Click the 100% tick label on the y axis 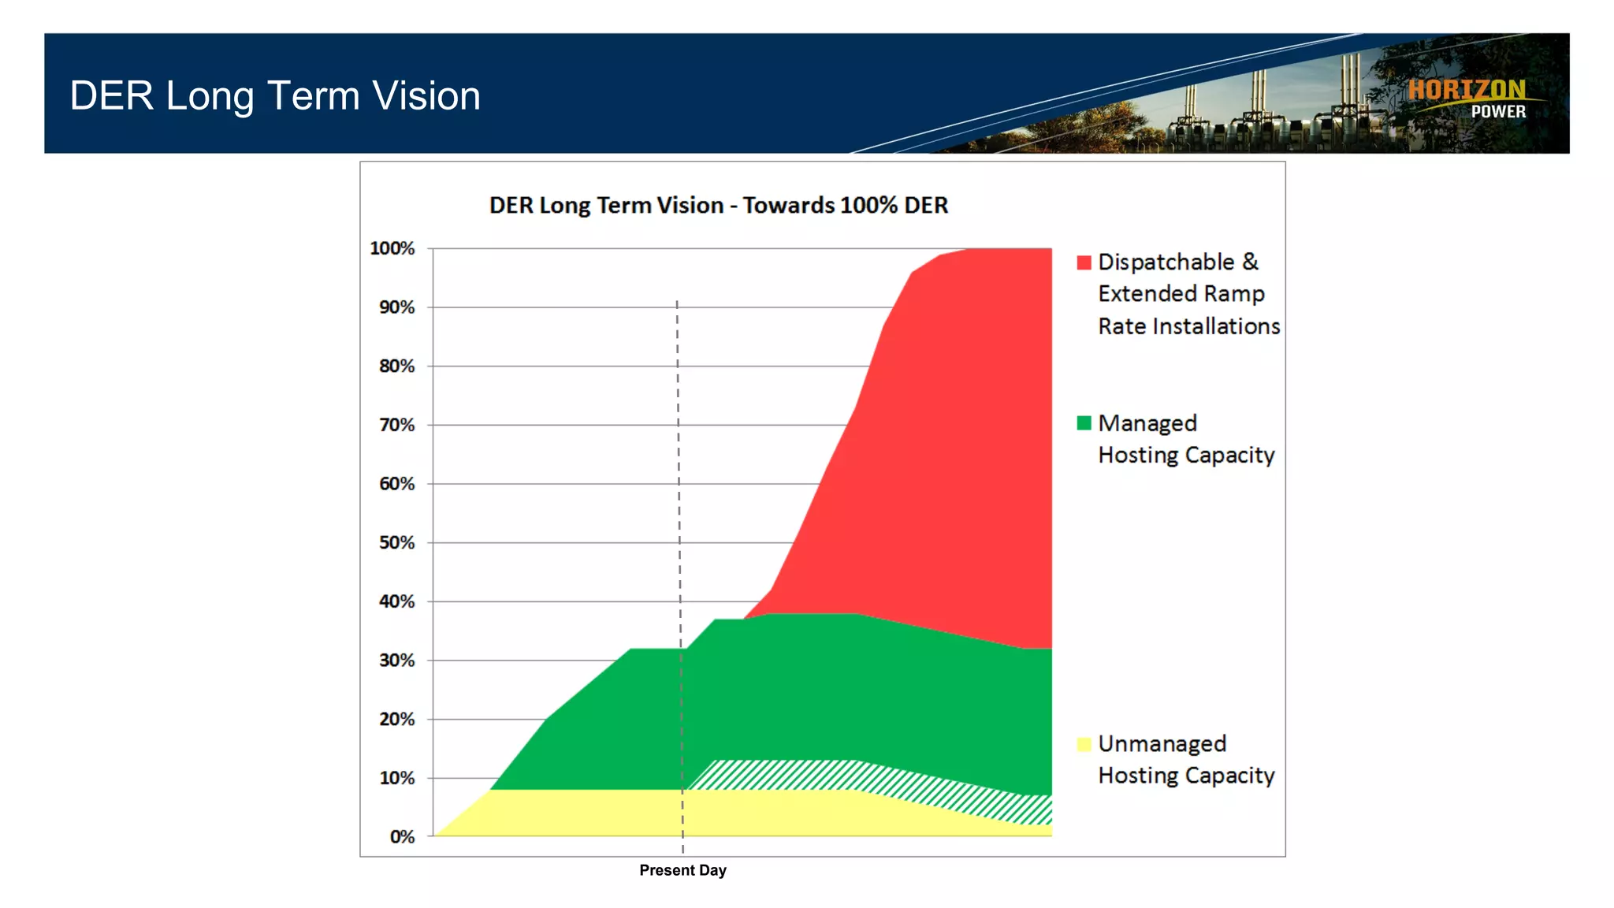392,248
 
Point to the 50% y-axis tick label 396,542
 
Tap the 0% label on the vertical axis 402,836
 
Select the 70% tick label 396,425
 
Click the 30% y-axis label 396,660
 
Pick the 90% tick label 396,307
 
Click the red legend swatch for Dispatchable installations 1084,262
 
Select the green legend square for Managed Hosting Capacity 1084,423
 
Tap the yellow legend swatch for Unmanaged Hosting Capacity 1084,744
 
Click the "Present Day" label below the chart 682,870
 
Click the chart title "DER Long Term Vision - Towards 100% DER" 718,205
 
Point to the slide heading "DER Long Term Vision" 275,95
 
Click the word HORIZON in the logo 1466,90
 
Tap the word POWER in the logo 1498,112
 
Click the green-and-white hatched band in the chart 788,775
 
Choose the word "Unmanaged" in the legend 1162,743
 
